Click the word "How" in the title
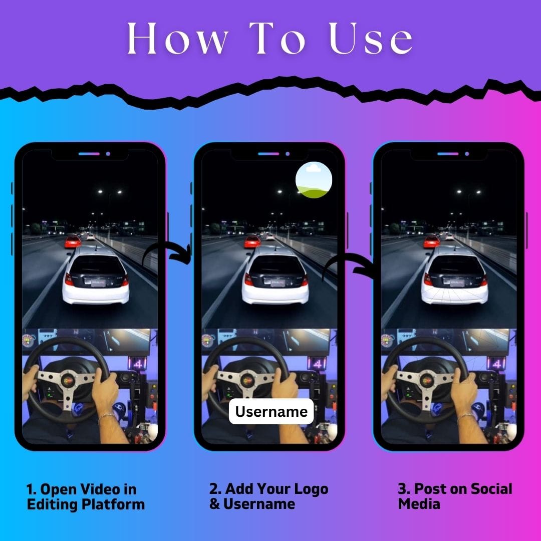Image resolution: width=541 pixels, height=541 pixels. [x=177, y=38]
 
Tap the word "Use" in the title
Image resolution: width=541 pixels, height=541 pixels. [x=371, y=38]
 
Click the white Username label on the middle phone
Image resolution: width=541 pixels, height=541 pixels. [x=271, y=411]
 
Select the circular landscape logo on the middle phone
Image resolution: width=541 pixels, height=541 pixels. [x=314, y=180]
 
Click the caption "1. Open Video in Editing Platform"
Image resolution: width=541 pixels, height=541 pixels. [x=86, y=496]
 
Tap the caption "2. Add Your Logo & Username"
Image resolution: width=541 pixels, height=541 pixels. [x=269, y=496]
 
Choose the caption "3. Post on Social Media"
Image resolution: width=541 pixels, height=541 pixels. [x=455, y=496]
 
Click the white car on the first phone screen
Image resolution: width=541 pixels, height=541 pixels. [x=96, y=275]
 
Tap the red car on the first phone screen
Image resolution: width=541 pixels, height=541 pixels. [x=73, y=241]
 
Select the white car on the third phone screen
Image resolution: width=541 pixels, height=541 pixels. [x=454, y=275]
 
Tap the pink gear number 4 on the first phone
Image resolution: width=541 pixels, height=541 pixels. [x=138, y=363]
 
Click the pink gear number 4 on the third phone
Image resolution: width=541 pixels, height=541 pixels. [x=497, y=363]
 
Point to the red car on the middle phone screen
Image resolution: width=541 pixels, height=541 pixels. [x=252, y=241]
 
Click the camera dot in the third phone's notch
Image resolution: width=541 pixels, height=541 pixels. [x=467, y=154]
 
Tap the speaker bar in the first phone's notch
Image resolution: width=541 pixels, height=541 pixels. [x=89, y=154]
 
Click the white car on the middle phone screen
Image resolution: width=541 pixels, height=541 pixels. [x=275, y=275]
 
